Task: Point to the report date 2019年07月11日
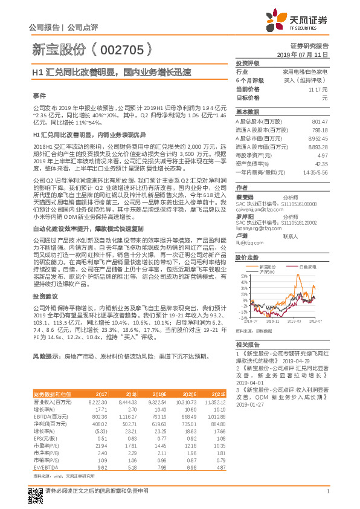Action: coord(306,54)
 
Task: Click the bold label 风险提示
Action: coord(46,357)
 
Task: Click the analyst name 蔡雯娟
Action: coord(245,197)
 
